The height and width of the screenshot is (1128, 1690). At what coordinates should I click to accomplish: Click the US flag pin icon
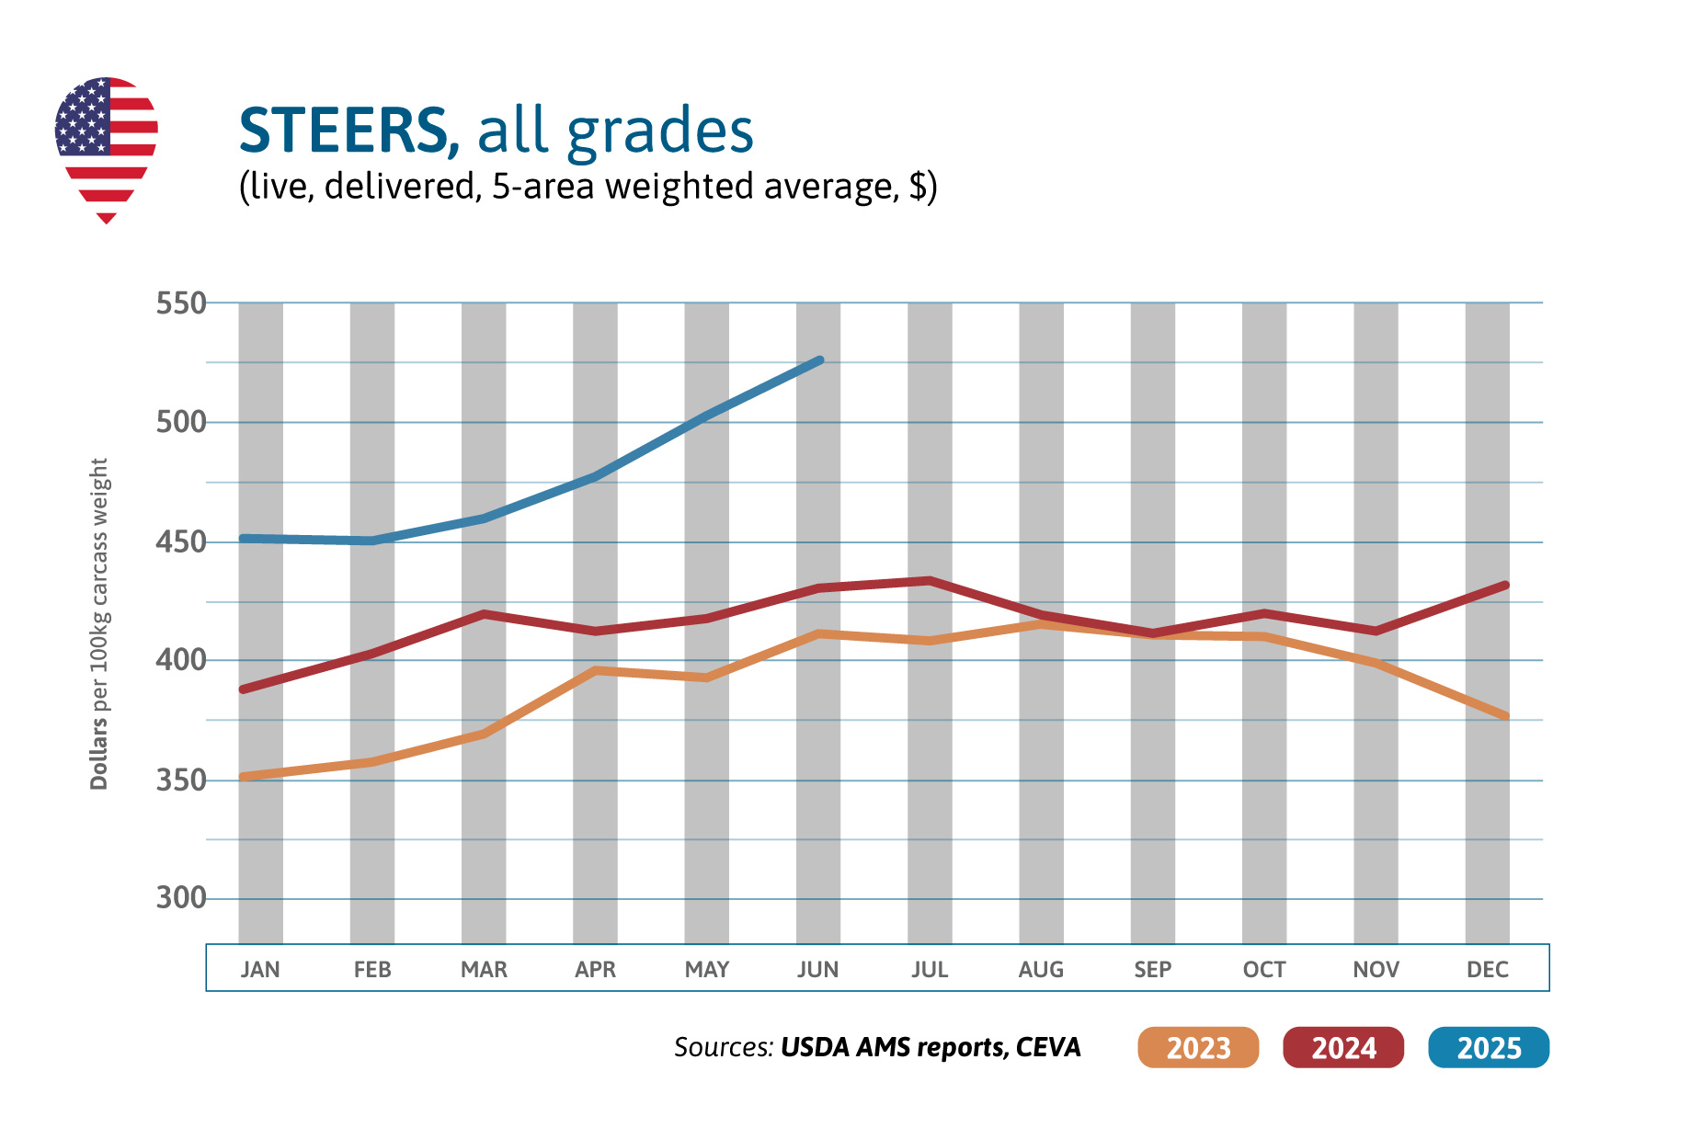click(107, 147)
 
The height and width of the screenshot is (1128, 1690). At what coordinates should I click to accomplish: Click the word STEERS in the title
click(342, 131)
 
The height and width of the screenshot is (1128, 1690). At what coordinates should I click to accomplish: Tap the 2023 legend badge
click(1197, 1047)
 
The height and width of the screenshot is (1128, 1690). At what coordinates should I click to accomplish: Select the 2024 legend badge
click(1343, 1047)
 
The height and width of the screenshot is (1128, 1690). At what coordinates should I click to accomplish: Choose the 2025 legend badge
click(1489, 1047)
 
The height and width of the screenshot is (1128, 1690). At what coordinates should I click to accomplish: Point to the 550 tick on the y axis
click(181, 302)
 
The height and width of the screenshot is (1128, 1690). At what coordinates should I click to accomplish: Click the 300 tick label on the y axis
click(181, 897)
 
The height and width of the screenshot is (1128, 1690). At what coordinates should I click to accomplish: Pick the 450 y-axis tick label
click(181, 541)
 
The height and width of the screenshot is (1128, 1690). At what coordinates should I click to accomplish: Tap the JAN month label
click(260, 969)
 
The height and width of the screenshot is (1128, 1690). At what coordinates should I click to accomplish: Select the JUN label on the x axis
click(818, 969)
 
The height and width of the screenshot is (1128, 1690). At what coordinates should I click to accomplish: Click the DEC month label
click(1488, 969)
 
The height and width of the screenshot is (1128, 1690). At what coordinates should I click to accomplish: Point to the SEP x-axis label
click(1153, 969)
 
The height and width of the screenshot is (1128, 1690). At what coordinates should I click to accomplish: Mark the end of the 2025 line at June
click(819, 360)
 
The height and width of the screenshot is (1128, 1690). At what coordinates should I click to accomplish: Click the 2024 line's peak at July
click(930, 580)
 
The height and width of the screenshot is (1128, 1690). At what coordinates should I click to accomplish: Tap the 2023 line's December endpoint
click(1504, 715)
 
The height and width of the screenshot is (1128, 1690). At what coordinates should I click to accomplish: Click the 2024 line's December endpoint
click(1504, 585)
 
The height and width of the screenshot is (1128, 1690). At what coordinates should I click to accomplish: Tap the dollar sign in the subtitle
click(918, 187)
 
